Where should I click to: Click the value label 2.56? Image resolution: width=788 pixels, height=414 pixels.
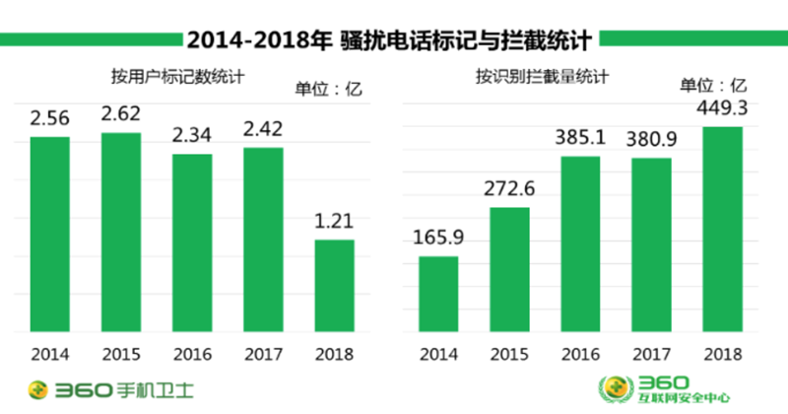click(49, 118)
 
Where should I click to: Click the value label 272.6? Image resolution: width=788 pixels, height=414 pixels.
click(509, 188)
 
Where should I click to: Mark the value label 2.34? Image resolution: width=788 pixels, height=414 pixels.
click(192, 134)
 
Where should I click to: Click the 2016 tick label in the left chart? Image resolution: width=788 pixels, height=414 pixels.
click(192, 352)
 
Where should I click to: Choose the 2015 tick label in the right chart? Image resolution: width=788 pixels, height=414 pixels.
click(509, 352)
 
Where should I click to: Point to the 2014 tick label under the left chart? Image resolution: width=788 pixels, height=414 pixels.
click(49, 352)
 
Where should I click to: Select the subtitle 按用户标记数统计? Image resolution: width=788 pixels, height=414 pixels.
click(177, 76)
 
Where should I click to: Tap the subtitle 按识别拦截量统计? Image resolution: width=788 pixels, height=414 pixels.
click(541, 76)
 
